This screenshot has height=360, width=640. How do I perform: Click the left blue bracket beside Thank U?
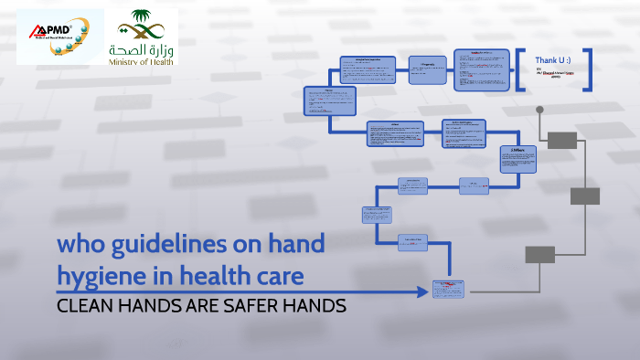pyautogui.click(x=519, y=69)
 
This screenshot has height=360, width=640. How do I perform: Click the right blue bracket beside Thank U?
pyautogui.click(x=590, y=69)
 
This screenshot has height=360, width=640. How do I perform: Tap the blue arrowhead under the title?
pyautogui.click(x=421, y=292)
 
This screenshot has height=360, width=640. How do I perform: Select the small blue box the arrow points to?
pyautogui.click(x=448, y=290)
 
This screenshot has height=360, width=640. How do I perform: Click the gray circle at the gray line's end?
pyautogui.click(x=539, y=110)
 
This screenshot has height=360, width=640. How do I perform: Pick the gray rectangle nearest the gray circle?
pyautogui.click(x=562, y=140)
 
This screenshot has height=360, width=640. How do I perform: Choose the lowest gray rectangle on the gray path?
pyautogui.click(x=540, y=254)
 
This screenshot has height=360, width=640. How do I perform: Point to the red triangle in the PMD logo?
pyautogui.click(x=36, y=31)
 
